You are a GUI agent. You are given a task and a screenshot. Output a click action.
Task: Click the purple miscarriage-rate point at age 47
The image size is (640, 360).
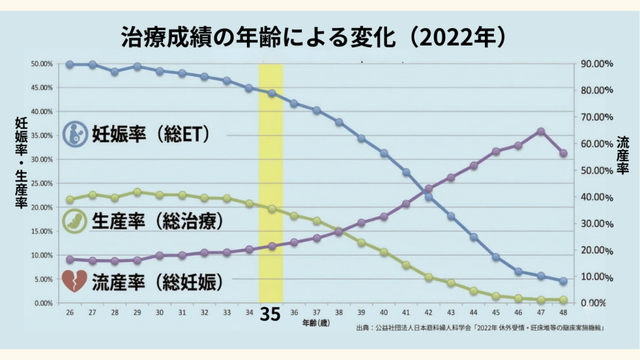tap(541, 131)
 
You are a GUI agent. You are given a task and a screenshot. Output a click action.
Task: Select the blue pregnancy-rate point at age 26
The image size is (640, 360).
tap(70, 64)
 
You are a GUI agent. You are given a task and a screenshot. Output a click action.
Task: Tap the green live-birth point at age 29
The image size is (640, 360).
tap(137, 192)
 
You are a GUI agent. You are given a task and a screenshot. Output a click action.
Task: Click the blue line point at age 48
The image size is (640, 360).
tap(563, 281)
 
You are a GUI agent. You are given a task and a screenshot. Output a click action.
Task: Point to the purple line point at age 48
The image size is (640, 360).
tap(563, 153)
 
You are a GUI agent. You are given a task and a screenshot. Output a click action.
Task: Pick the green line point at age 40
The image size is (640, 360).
tap(384, 252)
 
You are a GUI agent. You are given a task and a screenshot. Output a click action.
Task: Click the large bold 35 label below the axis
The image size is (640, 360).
tap(270, 314)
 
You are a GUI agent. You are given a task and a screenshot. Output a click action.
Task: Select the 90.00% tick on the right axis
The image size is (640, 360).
tap(594, 64)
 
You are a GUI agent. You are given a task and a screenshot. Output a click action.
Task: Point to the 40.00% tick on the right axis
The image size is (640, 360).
tap(594, 197)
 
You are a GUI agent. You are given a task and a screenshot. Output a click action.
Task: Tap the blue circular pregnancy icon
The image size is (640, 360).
tap(75, 133)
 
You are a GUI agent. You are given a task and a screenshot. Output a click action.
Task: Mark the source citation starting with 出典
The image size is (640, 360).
tap(479, 327)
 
